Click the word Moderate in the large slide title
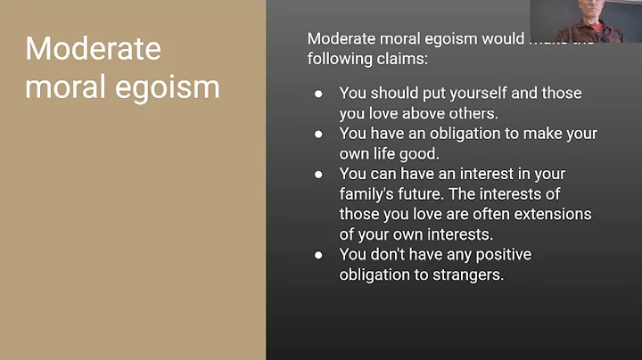(x=94, y=49)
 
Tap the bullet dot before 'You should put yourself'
(x=318, y=93)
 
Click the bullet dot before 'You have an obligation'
(x=318, y=134)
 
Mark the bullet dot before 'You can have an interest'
(x=318, y=174)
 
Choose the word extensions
(x=556, y=214)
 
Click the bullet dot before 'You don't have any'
(x=318, y=255)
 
